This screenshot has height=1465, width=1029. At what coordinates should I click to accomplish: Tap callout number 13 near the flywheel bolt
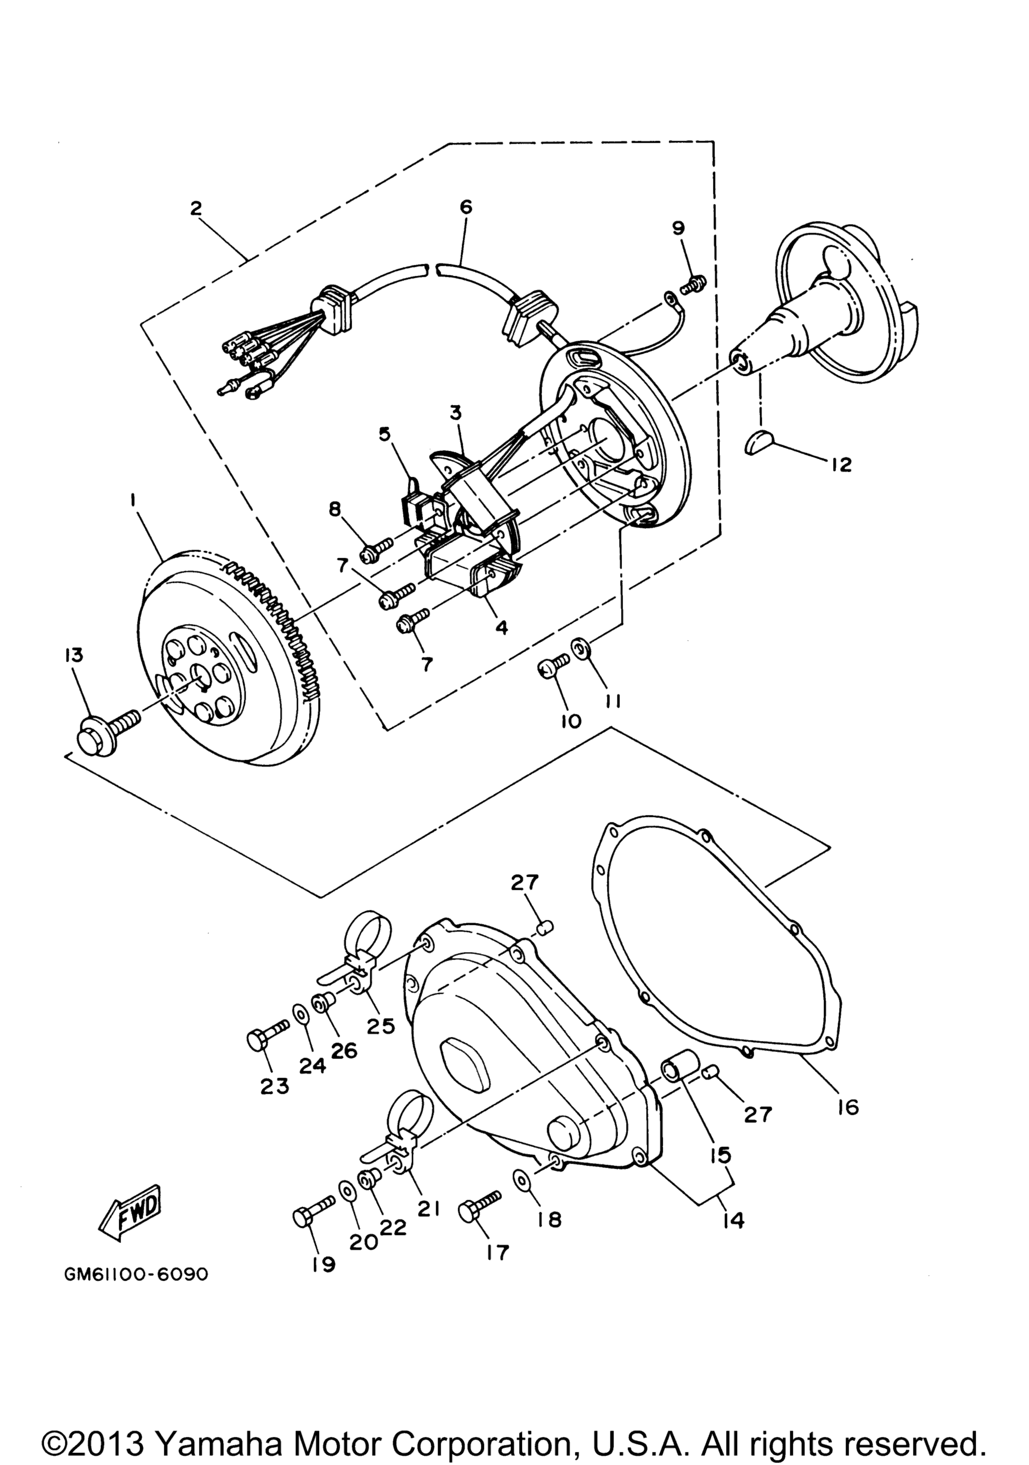click(73, 656)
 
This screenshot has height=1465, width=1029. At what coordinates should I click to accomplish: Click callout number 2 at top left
click(196, 208)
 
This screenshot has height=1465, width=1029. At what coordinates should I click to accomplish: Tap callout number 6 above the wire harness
click(466, 207)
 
